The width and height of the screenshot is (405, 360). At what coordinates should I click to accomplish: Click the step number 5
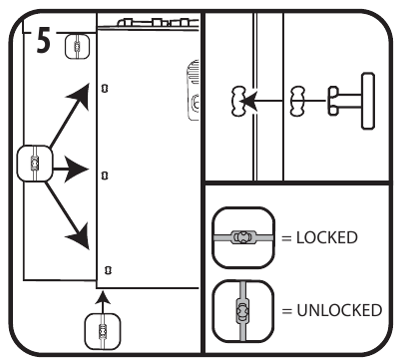pyautogui.click(x=44, y=41)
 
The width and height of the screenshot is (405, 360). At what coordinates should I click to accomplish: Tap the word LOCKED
pyautogui.click(x=327, y=237)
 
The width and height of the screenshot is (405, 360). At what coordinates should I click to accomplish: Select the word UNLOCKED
pyautogui.click(x=339, y=310)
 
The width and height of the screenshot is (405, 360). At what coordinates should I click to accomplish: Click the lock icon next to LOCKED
pyautogui.click(x=243, y=237)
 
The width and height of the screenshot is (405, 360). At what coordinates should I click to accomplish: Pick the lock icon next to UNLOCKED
pyautogui.click(x=243, y=311)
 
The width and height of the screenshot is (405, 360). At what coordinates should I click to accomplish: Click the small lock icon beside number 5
pyautogui.click(x=77, y=47)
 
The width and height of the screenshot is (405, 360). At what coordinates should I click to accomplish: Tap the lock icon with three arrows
pyautogui.click(x=35, y=164)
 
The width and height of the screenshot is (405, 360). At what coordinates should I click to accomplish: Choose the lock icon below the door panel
pyautogui.click(x=103, y=331)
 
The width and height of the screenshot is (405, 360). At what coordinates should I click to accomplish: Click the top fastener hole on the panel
pyautogui.click(x=105, y=88)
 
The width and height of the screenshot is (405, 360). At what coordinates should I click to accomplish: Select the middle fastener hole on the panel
pyautogui.click(x=105, y=176)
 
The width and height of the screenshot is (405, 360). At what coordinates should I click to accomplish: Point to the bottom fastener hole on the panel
pyautogui.click(x=108, y=270)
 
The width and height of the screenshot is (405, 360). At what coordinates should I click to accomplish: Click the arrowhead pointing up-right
pyautogui.click(x=81, y=95)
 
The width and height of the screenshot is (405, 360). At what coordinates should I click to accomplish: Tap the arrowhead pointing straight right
pyautogui.click(x=77, y=170)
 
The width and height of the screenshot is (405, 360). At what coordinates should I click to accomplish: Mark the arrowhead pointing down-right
pyautogui.click(x=80, y=236)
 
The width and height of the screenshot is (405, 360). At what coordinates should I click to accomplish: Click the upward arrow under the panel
pyautogui.click(x=103, y=302)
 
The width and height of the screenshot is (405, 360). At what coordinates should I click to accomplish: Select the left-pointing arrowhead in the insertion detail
pyautogui.click(x=248, y=101)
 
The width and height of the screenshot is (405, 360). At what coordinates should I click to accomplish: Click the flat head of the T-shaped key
pyautogui.click(x=367, y=101)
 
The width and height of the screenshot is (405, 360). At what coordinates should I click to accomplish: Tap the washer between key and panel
pyautogui.click(x=297, y=101)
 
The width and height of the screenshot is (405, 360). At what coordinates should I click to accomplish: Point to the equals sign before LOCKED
pyautogui.click(x=286, y=238)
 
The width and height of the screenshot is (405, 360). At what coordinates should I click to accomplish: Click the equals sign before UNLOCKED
pyautogui.click(x=286, y=311)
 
